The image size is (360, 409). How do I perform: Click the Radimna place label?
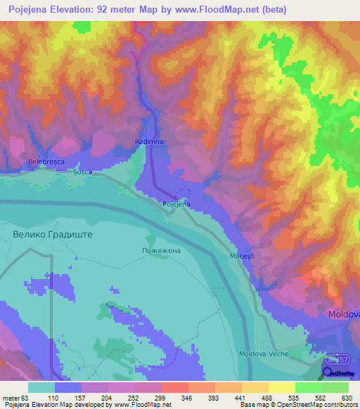click(148, 141)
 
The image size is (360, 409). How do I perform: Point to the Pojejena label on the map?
click(176, 204)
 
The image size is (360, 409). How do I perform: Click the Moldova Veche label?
click(264, 353)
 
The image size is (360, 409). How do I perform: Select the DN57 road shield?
click(337, 357)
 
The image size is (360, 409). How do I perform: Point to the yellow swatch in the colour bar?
click(282, 387)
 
